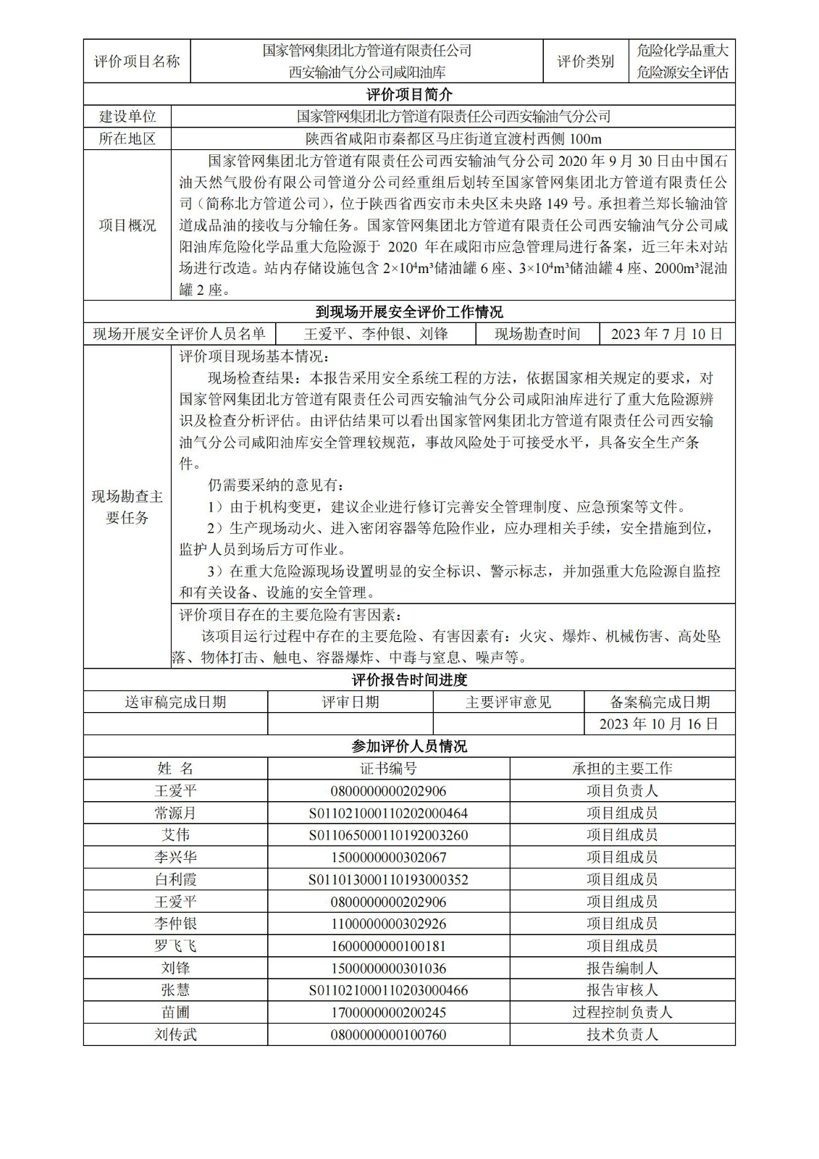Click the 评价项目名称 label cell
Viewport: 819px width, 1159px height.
(137, 62)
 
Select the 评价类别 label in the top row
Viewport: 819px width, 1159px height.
(585, 62)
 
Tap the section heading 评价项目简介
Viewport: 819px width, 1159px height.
(409, 95)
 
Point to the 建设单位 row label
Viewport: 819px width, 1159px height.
(127, 117)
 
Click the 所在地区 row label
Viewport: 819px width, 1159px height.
(127, 139)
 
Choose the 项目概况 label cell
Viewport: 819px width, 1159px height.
(127, 225)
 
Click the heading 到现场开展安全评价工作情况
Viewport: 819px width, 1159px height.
(409, 312)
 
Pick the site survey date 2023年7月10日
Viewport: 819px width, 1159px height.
(667, 334)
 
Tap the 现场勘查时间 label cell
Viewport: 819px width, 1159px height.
(537, 334)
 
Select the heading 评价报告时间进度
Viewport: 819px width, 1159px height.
(409, 680)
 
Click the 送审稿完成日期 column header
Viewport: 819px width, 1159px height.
(175, 702)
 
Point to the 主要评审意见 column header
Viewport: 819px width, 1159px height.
(508, 702)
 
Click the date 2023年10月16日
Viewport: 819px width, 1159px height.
(659, 724)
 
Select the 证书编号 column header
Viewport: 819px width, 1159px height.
(388, 769)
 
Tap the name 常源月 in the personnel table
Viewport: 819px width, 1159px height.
(175, 813)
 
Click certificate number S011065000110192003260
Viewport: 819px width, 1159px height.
(388, 835)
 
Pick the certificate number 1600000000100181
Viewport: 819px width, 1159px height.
(388, 946)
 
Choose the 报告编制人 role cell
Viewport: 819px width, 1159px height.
(622, 968)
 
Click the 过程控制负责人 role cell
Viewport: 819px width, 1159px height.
(622, 1013)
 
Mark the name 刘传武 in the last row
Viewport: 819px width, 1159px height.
(175, 1034)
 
